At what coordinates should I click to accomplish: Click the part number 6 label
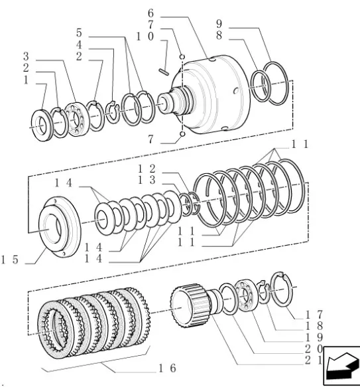pos(150,13)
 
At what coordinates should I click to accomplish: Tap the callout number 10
pos(145,37)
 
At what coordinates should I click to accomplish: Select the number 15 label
pos(10,260)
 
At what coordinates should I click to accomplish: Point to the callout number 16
pos(167,368)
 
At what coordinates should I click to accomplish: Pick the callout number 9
pos(219,24)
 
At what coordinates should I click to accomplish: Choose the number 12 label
pos(147,169)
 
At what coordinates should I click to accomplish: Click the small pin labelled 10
pos(164,72)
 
